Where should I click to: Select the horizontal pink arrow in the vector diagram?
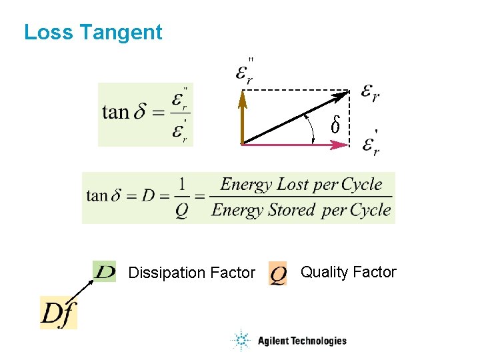pyautogui.click(x=293, y=144)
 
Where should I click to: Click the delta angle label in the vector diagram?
pyautogui.click(x=336, y=125)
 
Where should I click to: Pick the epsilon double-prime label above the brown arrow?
pyautogui.click(x=245, y=70)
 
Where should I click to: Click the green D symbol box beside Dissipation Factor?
pyautogui.click(x=105, y=272)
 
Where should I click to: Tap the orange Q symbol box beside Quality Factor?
pyautogui.click(x=278, y=273)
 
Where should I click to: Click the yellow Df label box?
pyautogui.click(x=59, y=313)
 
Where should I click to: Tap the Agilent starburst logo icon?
pyautogui.click(x=240, y=341)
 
